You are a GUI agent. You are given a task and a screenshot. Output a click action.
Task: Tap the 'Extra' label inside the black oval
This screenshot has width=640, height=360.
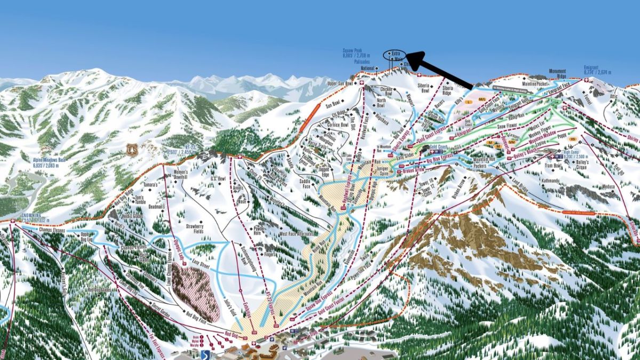395,53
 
